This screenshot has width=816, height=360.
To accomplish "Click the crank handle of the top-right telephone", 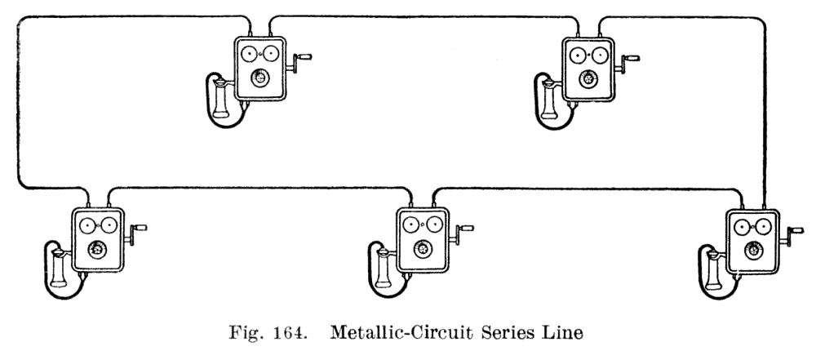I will tap(632, 59).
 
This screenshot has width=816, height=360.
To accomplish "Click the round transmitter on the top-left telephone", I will tap(259, 78).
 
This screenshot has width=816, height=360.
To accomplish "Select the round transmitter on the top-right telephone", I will tap(586, 79).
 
